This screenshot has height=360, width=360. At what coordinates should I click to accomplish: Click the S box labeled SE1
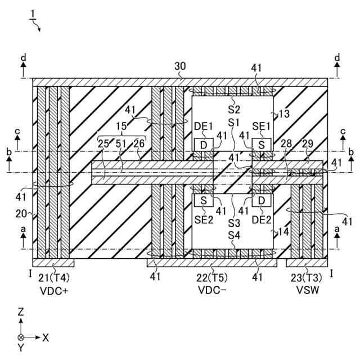point(262,145)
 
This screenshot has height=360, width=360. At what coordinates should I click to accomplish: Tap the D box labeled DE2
point(262,200)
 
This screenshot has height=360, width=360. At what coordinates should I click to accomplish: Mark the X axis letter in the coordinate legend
point(46,337)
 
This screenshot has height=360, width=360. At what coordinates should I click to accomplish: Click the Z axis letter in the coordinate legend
point(21,311)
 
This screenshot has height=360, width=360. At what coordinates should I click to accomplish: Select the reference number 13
point(284,114)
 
